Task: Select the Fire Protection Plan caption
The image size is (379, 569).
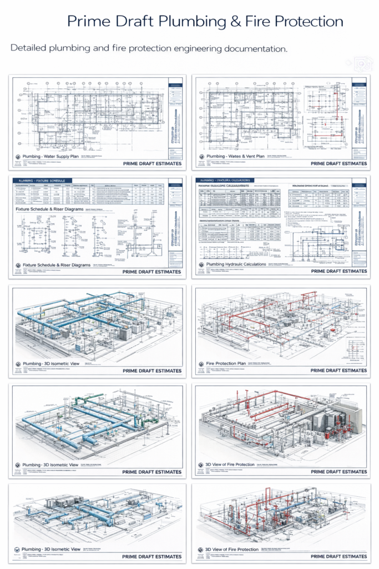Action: [221, 363]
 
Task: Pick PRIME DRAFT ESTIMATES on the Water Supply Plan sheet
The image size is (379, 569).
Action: [152, 164]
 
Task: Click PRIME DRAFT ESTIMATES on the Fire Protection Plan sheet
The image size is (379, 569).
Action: [338, 371]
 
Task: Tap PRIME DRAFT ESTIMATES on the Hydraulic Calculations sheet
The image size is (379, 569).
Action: [338, 271]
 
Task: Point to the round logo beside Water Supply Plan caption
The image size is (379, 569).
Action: [17, 157]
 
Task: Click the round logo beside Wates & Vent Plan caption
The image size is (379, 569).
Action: [200, 157]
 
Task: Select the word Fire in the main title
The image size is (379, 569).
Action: [260, 22]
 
